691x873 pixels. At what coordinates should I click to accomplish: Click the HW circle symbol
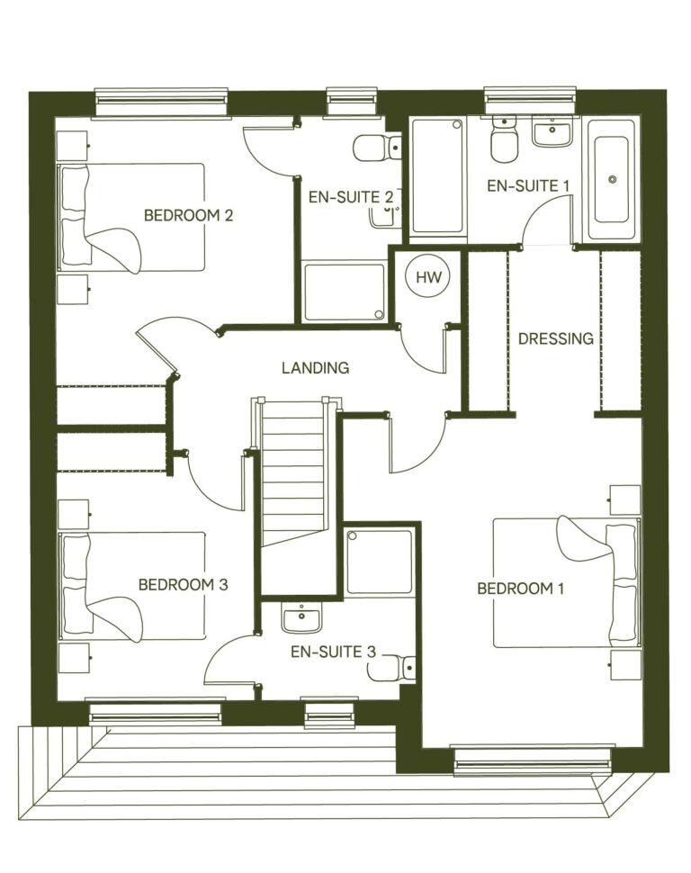(430, 278)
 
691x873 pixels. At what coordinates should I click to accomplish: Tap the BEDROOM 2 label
(189, 215)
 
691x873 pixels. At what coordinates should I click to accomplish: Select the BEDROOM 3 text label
(183, 584)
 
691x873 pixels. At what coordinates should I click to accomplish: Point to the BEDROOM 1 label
(520, 589)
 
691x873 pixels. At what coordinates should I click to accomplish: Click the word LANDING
(315, 367)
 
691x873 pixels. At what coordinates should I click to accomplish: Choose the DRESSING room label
(555, 339)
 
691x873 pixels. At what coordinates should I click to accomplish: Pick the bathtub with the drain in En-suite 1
(612, 179)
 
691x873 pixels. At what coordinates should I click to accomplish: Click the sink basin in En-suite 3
(297, 619)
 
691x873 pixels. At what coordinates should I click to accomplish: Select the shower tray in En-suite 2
(344, 291)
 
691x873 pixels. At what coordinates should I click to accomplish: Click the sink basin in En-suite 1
(551, 135)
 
